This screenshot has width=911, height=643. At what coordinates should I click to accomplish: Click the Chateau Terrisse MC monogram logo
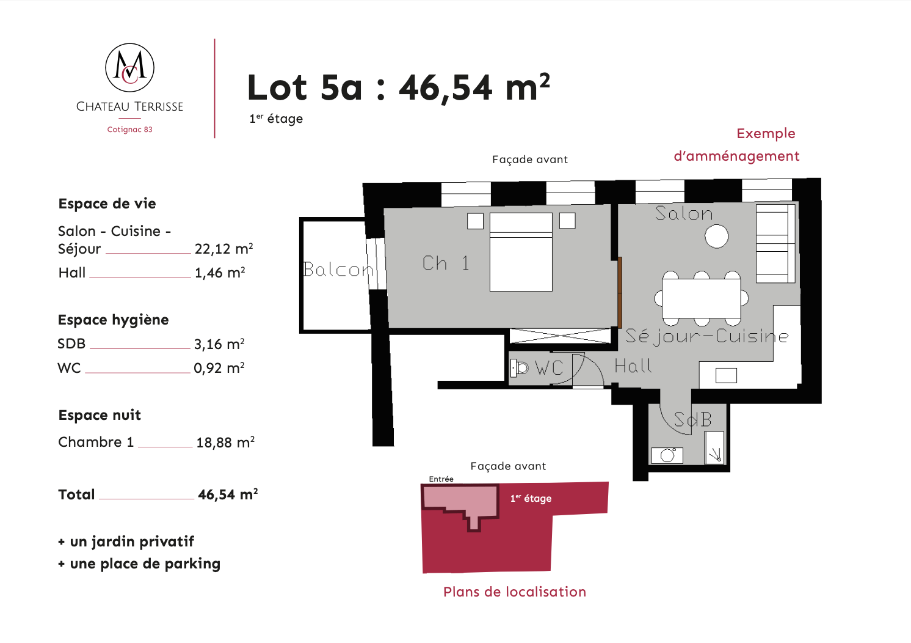tap(129, 68)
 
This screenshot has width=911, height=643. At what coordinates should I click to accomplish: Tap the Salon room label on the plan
tap(684, 214)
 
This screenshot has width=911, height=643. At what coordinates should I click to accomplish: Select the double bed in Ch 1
tap(521, 252)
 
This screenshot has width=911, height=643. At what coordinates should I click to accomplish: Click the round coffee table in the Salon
tap(717, 237)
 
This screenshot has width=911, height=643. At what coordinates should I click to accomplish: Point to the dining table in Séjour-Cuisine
tap(701, 298)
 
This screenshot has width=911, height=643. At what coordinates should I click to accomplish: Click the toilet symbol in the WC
tap(520, 368)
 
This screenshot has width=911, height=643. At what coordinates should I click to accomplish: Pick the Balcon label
tap(338, 270)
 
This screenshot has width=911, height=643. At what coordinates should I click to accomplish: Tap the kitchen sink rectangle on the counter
tap(726, 375)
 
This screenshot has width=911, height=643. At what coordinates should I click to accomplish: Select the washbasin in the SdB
tap(667, 456)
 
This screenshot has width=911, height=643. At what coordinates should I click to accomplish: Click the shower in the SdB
tap(714, 447)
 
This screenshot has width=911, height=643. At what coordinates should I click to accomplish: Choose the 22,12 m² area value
tap(223, 249)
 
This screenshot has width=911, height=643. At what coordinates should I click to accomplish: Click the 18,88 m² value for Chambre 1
tap(225, 443)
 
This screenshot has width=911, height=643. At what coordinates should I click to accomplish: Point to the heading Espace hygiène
tap(113, 320)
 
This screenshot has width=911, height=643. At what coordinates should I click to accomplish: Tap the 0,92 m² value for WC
tap(219, 368)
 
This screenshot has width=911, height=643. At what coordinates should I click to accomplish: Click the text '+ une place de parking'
tap(139, 564)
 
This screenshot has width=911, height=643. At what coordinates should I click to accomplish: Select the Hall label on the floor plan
tap(633, 366)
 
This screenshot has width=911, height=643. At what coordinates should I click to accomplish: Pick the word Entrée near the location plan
tap(441, 479)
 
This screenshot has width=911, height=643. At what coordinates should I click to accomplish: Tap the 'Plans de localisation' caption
tap(515, 592)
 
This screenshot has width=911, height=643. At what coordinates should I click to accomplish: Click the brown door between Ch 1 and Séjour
tap(620, 292)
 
